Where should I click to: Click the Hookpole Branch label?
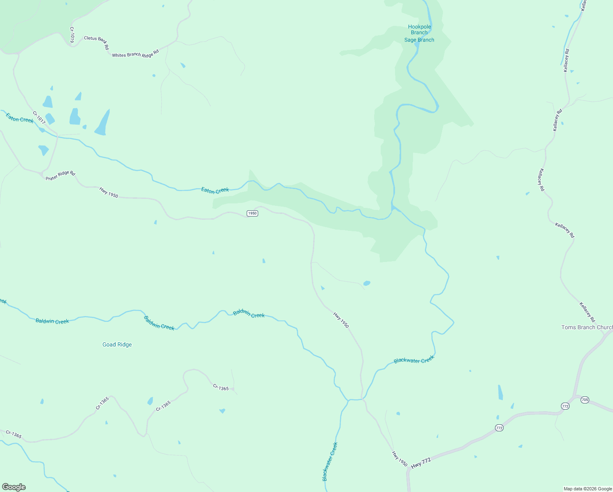pos(420,30)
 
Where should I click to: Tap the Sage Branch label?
pos(419,40)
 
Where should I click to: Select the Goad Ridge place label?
pos(117,344)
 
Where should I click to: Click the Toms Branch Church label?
pos(587,327)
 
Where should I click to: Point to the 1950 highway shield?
pos(252,213)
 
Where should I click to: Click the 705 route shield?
pos(585,400)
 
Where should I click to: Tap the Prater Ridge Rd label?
pos(60,176)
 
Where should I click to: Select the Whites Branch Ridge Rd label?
pos(135,54)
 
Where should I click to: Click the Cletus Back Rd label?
pos(97,43)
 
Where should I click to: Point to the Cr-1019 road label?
pos(72,35)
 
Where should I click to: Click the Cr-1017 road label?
pos(39,118)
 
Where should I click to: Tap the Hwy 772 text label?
pos(421,463)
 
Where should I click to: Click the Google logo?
pos(14,487)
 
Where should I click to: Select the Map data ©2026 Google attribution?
pos(588,489)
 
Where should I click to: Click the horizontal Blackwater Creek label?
pos(413,360)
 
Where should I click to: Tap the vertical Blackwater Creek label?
pos(330,462)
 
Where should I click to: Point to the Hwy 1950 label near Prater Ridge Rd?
pos(109,193)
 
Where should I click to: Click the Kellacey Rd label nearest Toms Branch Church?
pos(587,312)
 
